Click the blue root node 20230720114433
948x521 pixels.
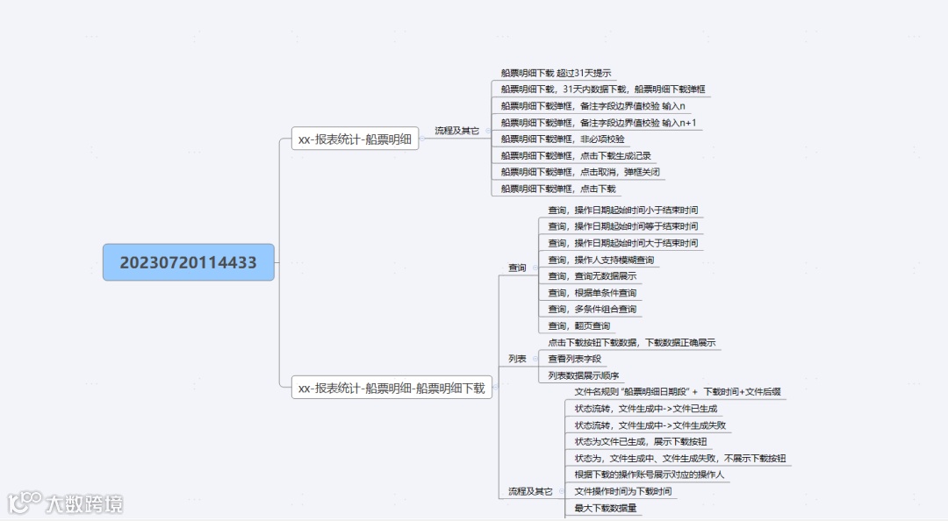(x=188, y=262)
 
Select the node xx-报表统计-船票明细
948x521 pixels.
(x=355, y=139)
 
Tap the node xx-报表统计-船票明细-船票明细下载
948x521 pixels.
(x=391, y=387)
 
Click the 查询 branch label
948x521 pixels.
(x=517, y=268)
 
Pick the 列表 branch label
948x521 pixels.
(x=517, y=359)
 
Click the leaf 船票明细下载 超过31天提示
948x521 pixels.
(x=556, y=73)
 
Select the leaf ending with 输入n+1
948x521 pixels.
(x=598, y=122)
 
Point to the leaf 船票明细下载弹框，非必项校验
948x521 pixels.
(x=563, y=139)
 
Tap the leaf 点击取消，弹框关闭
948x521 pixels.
(x=580, y=172)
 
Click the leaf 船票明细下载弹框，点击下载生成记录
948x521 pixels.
(x=576, y=155)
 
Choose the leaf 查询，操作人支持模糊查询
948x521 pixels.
(x=600, y=260)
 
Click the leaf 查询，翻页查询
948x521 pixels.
(x=578, y=325)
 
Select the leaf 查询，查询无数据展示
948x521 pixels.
(x=592, y=276)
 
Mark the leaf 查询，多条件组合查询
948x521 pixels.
(x=592, y=309)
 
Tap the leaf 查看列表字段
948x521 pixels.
(x=574, y=359)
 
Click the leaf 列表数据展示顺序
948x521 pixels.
(x=583, y=375)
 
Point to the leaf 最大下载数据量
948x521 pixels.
(x=606, y=508)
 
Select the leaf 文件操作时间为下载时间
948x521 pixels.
(x=622, y=491)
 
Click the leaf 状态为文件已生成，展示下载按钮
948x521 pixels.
(x=640, y=441)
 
